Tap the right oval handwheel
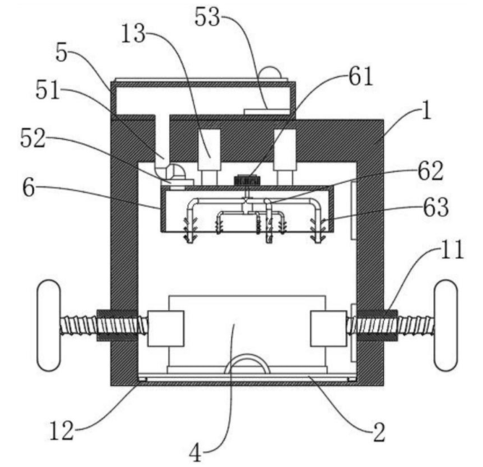446,326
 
